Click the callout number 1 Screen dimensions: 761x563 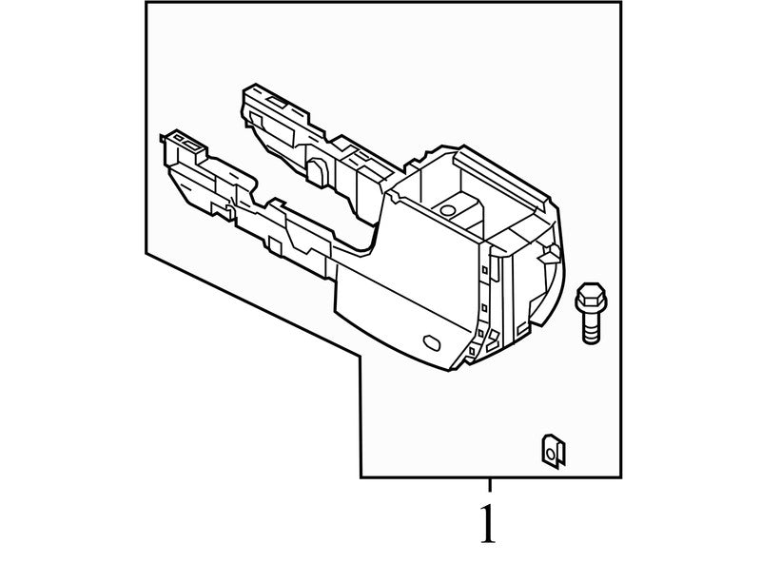pos(488,524)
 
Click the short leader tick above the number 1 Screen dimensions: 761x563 pos(490,485)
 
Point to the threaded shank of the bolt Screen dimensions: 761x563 pos(591,327)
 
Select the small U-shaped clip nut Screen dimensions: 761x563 pos(554,451)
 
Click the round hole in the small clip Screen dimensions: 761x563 pos(550,454)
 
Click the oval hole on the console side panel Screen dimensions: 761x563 pos(432,341)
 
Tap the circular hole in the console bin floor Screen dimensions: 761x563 pos(446,210)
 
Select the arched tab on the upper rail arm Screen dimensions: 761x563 pos(316,172)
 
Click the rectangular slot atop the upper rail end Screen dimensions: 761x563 pos(277,102)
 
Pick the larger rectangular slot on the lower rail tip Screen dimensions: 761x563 pos(192,145)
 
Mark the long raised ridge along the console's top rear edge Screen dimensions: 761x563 pos(501,179)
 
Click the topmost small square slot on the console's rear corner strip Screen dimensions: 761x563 pos(484,268)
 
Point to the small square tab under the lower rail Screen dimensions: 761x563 pos(275,245)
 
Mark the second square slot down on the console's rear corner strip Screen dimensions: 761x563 pos(484,307)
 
